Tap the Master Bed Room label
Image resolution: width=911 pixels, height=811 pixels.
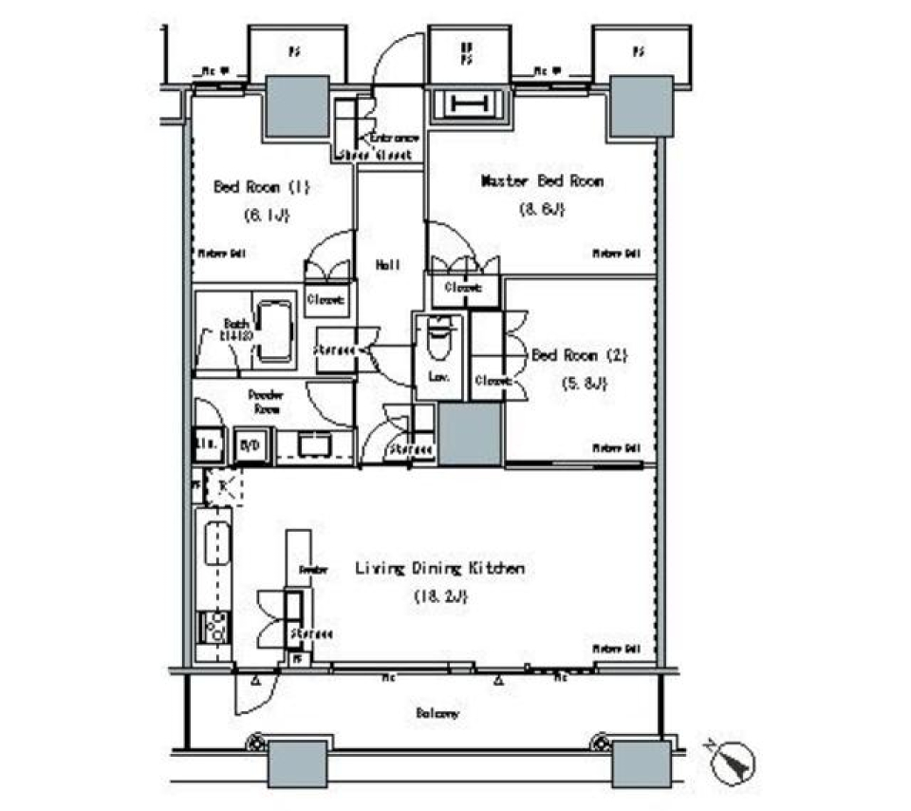tap(542, 179)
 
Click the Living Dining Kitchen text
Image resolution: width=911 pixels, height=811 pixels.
tap(439, 569)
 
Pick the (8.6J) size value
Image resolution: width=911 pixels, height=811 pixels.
tap(542, 209)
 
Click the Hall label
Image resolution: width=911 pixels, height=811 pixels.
tap(386, 267)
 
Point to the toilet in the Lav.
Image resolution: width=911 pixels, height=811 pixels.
tap(438, 339)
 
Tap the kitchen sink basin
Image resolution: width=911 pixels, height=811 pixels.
tap(214, 545)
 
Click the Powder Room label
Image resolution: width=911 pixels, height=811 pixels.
tap(268, 401)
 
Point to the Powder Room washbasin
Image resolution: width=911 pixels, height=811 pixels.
tap(311, 443)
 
